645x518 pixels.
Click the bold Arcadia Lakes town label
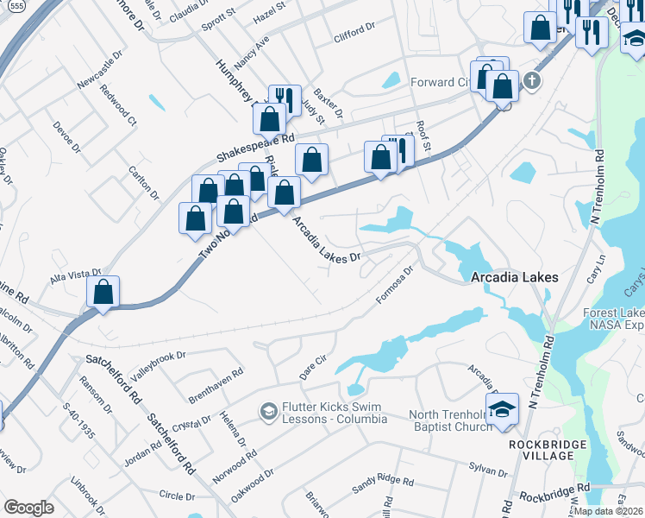pyautogui.click(x=515, y=277)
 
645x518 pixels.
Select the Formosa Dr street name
pyautogui.click(x=396, y=284)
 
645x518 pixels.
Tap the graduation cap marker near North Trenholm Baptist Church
pyautogui.click(x=502, y=411)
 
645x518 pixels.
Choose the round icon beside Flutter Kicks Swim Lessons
pyautogui.click(x=268, y=412)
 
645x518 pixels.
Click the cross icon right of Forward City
pyautogui.click(x=532, y=82)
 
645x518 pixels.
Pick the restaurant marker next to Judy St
pyautogui.click(x=284, y=99)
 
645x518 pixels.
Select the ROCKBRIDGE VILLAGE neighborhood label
pyautogui.click(x=547, y=451)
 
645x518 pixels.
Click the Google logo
pyautogui.click(x=28, y=507)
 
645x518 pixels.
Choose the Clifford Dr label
pyautogui.click(x=354, y=38)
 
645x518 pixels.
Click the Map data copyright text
pyautogui.click(x=609, y=511)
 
